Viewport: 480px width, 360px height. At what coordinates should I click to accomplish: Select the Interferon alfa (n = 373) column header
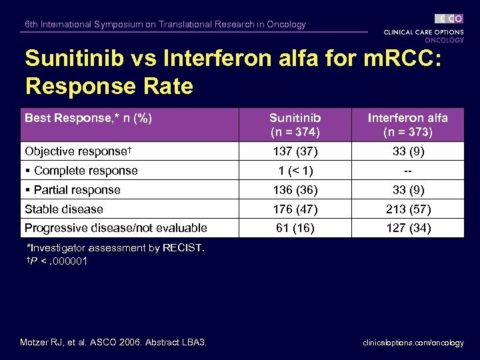coord(407,125)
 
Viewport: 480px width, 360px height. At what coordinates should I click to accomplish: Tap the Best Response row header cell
coord(89,118)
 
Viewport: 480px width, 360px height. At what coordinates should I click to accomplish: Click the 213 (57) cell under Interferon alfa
coord(407,209)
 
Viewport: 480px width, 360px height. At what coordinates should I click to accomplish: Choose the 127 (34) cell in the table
coord(407,228)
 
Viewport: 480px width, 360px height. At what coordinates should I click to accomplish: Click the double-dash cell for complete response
coord(407,171)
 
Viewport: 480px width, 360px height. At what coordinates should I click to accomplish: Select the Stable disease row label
coord(64,209)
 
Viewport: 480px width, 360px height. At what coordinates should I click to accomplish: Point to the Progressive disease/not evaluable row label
coord(116,228)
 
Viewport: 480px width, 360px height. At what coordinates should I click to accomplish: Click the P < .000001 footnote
coord(57,261)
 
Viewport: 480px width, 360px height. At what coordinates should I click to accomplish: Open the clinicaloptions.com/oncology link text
coord(413,343)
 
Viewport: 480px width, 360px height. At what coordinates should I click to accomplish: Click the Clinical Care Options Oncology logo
coord(424,29)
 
